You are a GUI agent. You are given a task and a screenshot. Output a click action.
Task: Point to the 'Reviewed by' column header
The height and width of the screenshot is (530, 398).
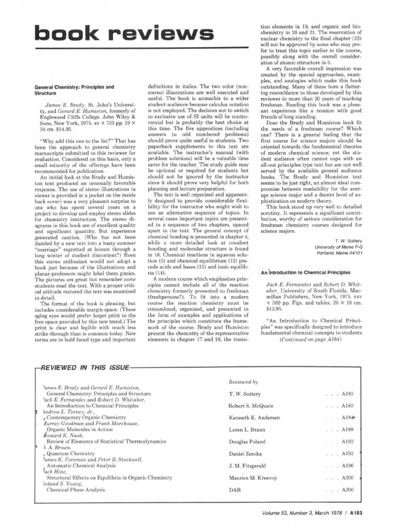tap(244, 381)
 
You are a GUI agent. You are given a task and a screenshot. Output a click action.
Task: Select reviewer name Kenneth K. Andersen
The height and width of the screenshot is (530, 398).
tap(254, 417)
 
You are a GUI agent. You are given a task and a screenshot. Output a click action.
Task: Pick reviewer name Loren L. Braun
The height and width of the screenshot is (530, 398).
tap(247, 430)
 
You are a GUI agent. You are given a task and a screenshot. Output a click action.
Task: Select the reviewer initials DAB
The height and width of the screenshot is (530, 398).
tap(235, 490)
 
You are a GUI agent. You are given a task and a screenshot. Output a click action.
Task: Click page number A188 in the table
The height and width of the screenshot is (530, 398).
tap(347, 430)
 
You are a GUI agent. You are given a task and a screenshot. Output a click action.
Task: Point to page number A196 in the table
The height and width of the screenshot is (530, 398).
tap(347, 466)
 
